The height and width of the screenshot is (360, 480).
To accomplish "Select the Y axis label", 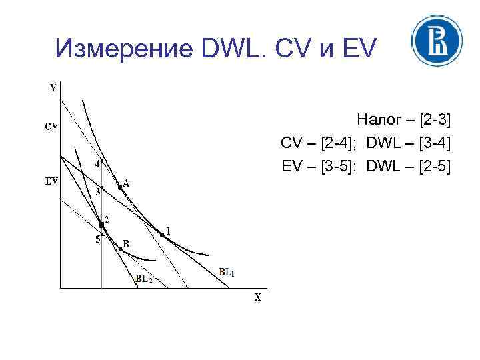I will click(x=53, y=88).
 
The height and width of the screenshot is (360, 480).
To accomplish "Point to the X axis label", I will click(x=257, y=297).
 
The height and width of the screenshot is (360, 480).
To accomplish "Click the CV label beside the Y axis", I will click(x=51, y=126).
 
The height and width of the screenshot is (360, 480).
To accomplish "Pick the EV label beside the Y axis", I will click(x=51, y=180).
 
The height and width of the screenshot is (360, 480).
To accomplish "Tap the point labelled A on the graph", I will click(x=120, y=188).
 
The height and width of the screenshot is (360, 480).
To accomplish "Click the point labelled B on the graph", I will click(x=120, y=248).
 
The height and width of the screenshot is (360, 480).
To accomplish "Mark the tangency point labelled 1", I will click(x=162, y=234).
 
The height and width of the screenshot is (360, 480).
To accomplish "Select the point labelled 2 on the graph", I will click(x=101, y=225).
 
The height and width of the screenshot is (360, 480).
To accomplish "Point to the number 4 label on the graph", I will click(x=97, y=163).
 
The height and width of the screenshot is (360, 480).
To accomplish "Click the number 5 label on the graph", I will click(x=97, y=239).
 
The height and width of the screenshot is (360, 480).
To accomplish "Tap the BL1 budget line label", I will click(x=227, y=272).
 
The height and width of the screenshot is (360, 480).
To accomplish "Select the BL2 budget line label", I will click(x=144, y=279).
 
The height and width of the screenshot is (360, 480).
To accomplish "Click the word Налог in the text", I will click(x=380, y=120).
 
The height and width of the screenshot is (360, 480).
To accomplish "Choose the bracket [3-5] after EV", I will click(x=339, y=165).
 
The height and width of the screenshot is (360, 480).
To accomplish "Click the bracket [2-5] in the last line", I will click(x=433, y=165).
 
